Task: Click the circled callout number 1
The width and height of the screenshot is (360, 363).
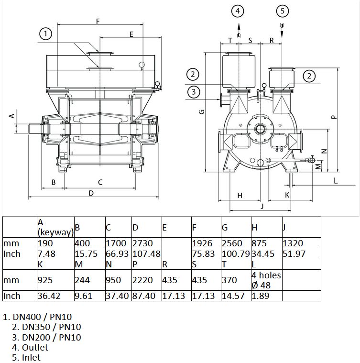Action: click(45, 34)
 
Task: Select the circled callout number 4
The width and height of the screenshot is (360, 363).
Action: click(238, 11)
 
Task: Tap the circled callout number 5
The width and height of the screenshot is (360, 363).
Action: click(282, 11)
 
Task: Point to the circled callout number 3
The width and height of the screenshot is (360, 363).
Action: click(194, 92)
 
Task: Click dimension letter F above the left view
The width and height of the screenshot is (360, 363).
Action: click(98, 22)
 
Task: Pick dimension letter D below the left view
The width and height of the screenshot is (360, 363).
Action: click(91, 193)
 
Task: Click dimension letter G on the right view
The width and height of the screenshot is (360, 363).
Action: click(202, 112)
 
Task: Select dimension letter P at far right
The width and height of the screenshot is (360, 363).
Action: click(334, 117)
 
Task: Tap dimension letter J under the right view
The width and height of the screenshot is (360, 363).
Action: click(262, 206)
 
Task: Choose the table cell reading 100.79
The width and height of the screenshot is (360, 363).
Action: click(236, 254)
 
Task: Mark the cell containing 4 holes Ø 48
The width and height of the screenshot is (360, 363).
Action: click(266, 280)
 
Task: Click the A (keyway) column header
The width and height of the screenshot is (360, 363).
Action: click(55, 227)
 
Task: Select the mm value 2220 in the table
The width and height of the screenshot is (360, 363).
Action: click(142, 280)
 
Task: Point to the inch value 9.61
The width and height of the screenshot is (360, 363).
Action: click(83, 296)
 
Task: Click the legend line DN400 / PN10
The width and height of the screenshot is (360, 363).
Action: click(37, 317)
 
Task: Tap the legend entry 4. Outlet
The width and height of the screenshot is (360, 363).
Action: click(30, 348)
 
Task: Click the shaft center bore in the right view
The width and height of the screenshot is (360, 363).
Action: click(260, 129)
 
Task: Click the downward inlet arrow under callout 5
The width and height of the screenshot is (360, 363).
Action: click(282, 30)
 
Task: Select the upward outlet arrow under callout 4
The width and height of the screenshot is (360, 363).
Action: click(239, 30)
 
